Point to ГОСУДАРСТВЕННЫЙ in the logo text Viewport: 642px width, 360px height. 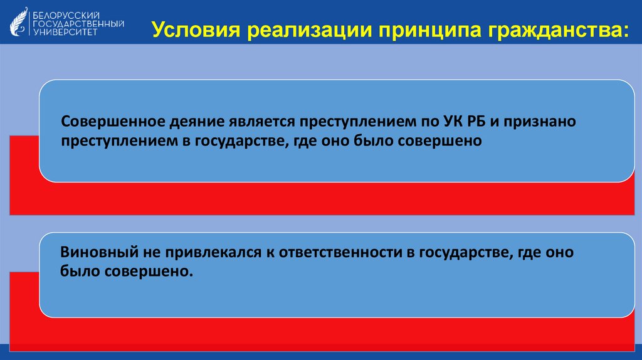coord(78,23)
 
